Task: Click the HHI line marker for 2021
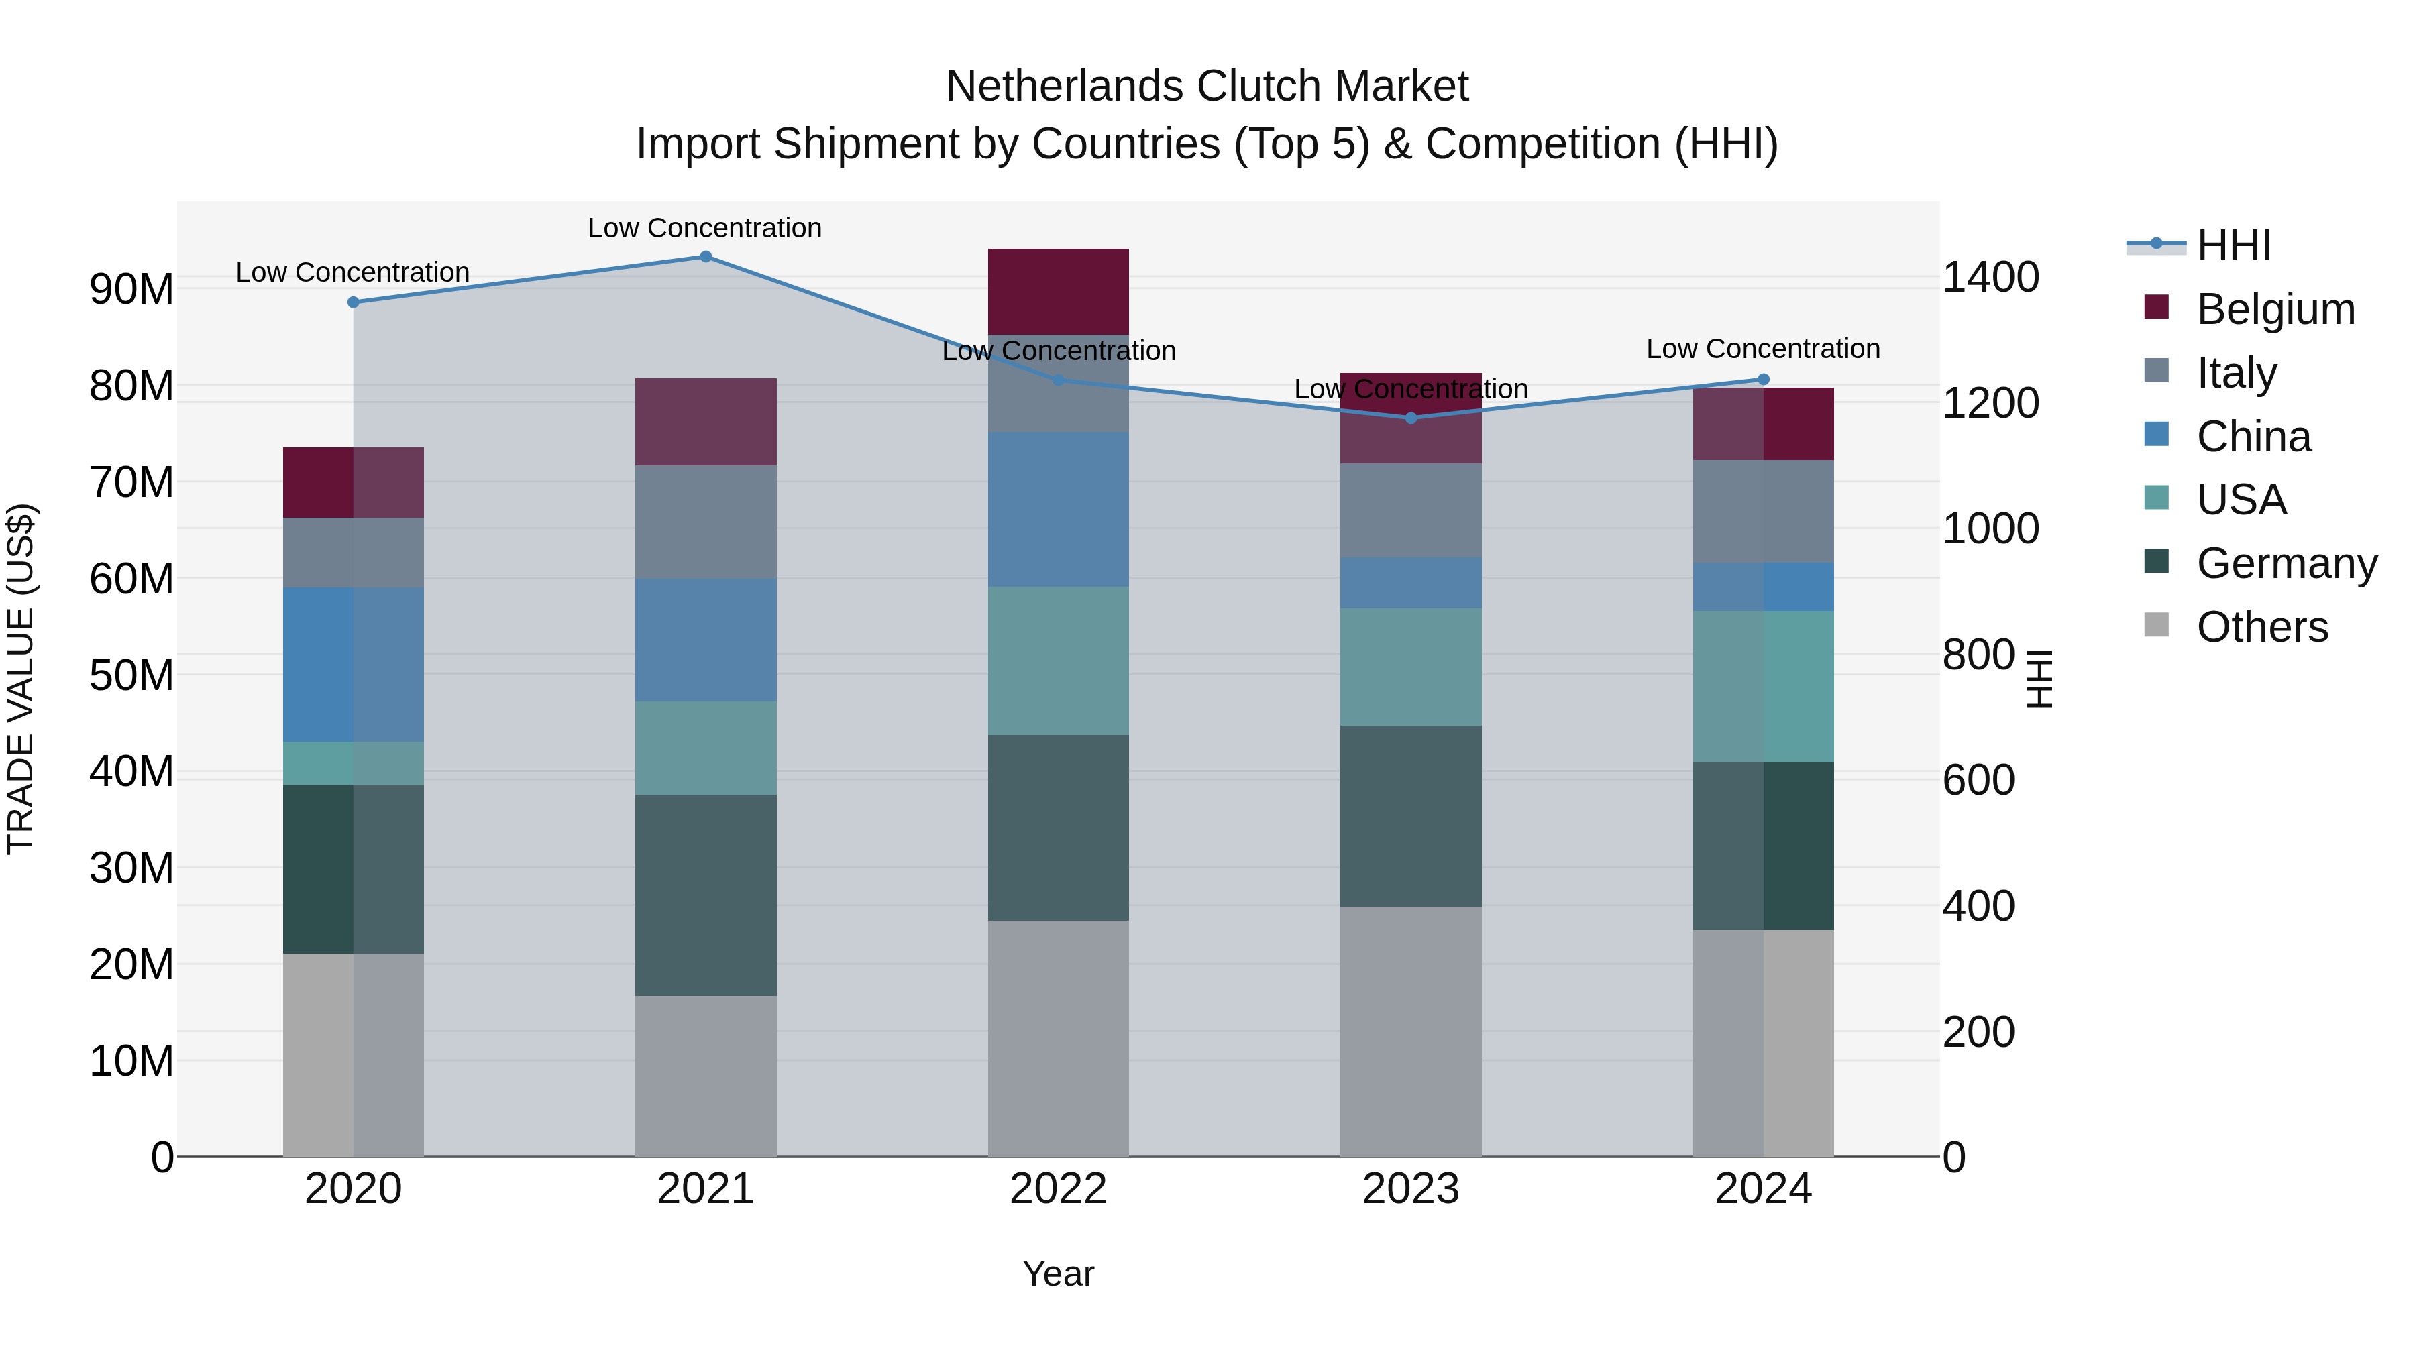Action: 706,257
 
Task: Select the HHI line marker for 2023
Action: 1411,418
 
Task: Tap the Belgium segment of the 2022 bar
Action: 1059,292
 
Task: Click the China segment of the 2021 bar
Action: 706,640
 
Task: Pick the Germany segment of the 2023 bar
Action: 1411,815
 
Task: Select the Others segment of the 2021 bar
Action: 706,1076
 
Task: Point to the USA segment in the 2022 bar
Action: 1059,661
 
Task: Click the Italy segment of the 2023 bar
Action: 1411,511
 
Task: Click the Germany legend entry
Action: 2286,563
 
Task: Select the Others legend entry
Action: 2261,627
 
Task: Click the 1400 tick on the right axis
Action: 1990,278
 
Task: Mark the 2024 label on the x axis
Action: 1762,1189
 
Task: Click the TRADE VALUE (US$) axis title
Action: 21,679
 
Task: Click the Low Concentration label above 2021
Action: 705,228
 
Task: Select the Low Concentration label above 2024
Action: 1762,349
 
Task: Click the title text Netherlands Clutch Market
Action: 1207,87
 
